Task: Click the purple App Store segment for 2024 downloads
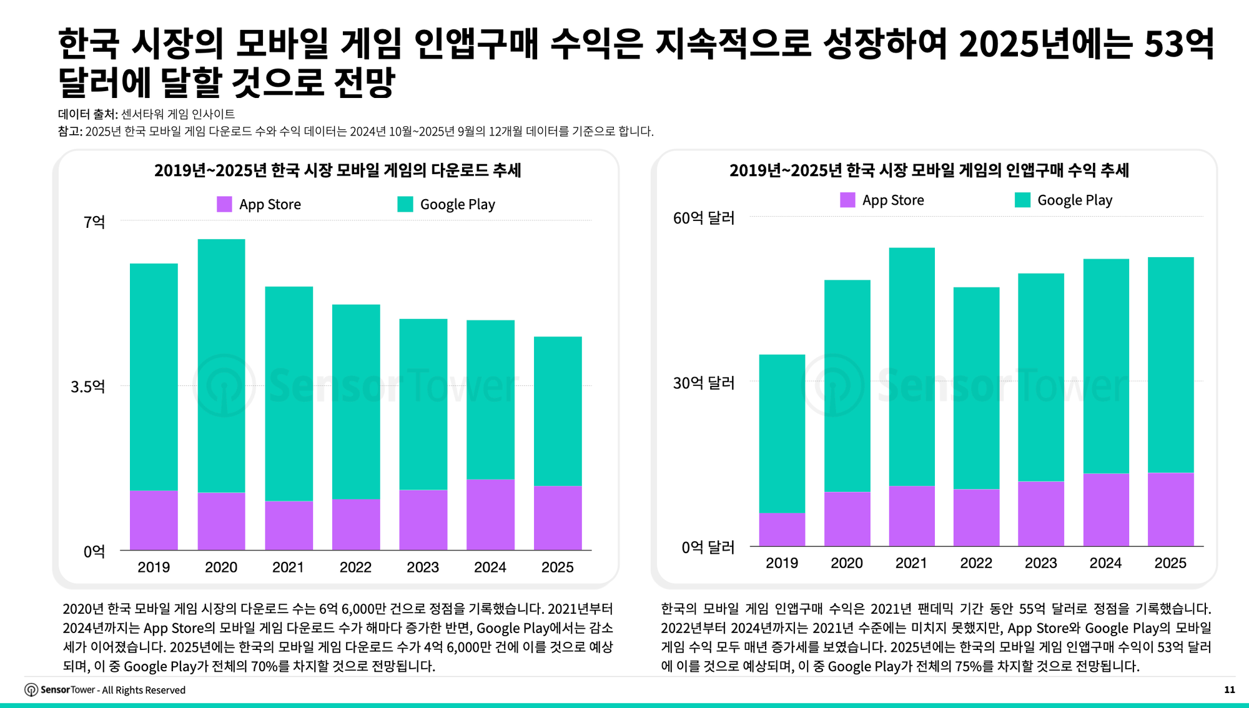tap(490, 514)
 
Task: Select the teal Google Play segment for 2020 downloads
tap(221, 365)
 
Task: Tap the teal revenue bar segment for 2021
tap(912, 366)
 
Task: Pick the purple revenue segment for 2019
tap(782, 529)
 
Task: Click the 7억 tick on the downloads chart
tap(94, 222)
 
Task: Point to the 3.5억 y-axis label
tap(87, 386)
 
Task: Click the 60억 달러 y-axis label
tap(703, 218)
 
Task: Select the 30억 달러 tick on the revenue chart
tap(703, 383)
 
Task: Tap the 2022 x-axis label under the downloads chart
tap(355, 567)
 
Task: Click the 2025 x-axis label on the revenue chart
tap(1170, 563)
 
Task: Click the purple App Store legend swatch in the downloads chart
tap(224, 204)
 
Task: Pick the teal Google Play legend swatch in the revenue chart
tap(1022, 200)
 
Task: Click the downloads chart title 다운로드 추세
tap(337, 170)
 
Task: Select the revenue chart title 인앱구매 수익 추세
tap(929, 170)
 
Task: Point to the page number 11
tap(1229, 689)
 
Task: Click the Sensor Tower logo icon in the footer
tap(31, 689)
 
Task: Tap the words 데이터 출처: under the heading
tap(87, 114)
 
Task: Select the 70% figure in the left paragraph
tap(264, 666)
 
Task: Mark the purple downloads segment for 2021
tap(289, 525)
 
